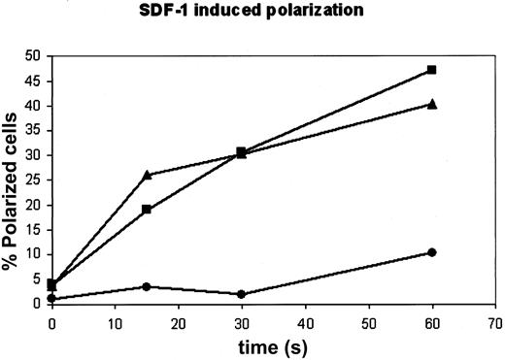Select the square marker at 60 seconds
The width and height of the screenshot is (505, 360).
click(x=431, y=70)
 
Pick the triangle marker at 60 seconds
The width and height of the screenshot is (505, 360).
click(x=431, y=104)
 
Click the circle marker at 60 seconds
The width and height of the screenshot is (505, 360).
click(x=431, y=252)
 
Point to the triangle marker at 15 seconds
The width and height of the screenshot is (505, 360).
click(x=147, y=175)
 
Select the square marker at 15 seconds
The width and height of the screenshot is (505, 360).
click(x=147, y=210)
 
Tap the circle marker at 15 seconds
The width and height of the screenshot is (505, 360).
click(x=147, y=286)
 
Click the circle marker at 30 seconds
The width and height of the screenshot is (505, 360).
click(x=241, y=294)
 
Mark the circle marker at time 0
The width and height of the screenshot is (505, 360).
click(x=52, y=298)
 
